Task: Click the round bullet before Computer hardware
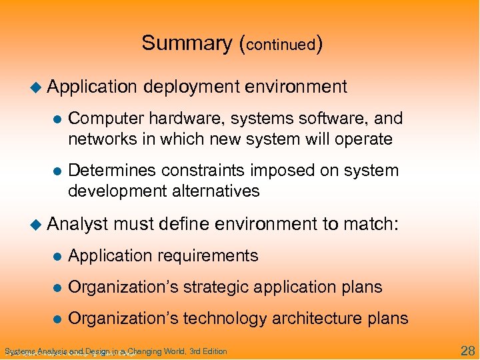point(57,119)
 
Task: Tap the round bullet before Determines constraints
point(57,171)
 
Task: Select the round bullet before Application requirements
point(57,256)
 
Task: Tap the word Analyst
point(78,225)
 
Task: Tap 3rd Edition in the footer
point(208,351)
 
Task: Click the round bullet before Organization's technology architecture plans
point(57,319)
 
